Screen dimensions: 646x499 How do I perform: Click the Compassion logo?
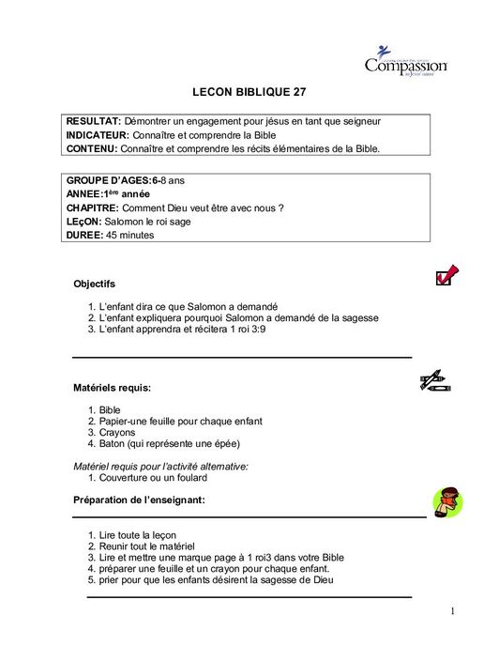[405, 62]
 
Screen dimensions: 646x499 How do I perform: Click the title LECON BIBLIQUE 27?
[249, 93]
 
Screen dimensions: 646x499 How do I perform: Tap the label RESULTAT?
[93, 122]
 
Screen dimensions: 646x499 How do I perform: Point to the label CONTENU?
[93, 148]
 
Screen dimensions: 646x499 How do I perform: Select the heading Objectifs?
[95, 284]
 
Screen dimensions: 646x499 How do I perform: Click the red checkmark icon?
[446, 274]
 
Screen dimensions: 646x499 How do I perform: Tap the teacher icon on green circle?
[446, 502]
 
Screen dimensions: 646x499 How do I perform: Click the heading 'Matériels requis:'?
[113, 387]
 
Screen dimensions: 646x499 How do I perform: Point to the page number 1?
[452, 612]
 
